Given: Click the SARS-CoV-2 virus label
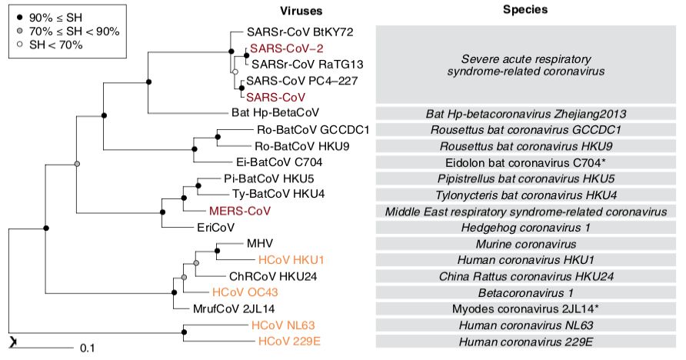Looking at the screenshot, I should point(275,48).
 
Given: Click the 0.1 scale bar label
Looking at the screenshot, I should point(87,348).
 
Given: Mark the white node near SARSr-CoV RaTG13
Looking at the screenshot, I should point(235,72).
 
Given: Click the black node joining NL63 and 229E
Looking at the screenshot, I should point(184,332).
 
